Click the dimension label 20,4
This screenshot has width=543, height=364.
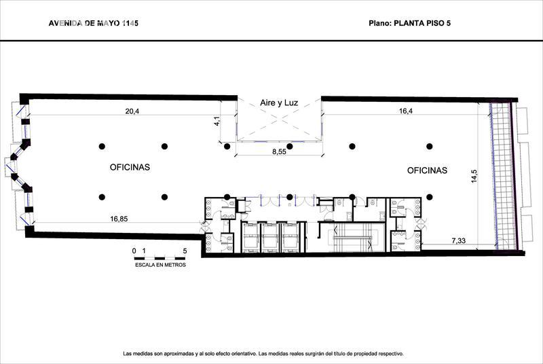[x=132, y=111]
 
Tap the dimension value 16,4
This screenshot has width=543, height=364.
[x=406, y=111]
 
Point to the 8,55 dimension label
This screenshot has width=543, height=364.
[x=279, y=151]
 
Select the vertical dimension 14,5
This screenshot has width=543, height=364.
[x=474, y=176]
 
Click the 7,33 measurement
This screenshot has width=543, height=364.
[x=459, y=241]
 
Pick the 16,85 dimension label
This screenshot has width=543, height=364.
[x=119, y=219]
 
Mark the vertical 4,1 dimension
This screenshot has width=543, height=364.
[x=217, y=121]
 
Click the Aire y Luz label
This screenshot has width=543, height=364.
[x=279, y=103]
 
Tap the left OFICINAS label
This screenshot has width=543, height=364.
[x=130, y=167]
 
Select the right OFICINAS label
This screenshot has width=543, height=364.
[x=427, y=170]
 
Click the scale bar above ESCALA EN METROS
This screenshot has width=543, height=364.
[x=160, y=258]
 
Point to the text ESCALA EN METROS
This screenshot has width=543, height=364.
[x=160, y=265]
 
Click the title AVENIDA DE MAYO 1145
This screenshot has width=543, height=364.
[x=94, y=23]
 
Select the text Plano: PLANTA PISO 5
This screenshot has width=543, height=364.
[x=410, y=23]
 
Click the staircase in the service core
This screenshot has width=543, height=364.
[x=352, y=238]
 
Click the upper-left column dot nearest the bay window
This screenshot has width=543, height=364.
[x=101, y=146]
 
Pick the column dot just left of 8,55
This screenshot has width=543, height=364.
[x=227, y=147]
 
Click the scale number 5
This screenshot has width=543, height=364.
[x=185, y=251]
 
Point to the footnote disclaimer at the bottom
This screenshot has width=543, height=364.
[x=263, y=354]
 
